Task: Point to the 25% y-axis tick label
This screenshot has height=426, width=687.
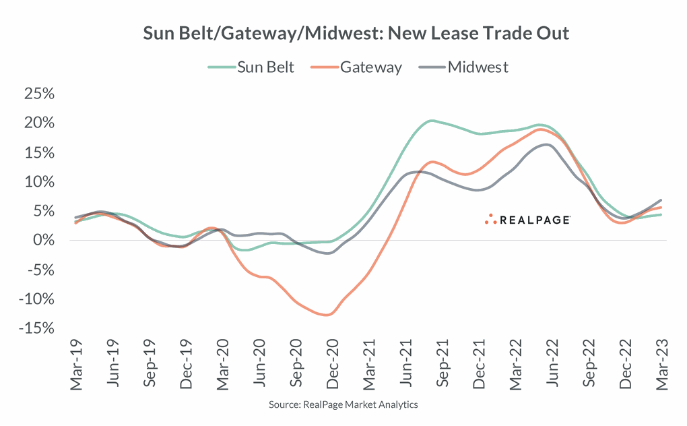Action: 38,94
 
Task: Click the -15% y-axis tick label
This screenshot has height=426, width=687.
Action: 35,328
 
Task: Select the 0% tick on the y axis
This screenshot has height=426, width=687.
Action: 43,241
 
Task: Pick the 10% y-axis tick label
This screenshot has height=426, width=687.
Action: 38,182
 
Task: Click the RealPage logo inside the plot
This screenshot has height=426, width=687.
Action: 528,219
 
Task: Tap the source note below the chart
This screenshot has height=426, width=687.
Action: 343,404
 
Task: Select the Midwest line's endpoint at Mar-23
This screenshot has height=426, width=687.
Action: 661,200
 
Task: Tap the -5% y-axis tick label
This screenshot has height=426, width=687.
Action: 38,270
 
